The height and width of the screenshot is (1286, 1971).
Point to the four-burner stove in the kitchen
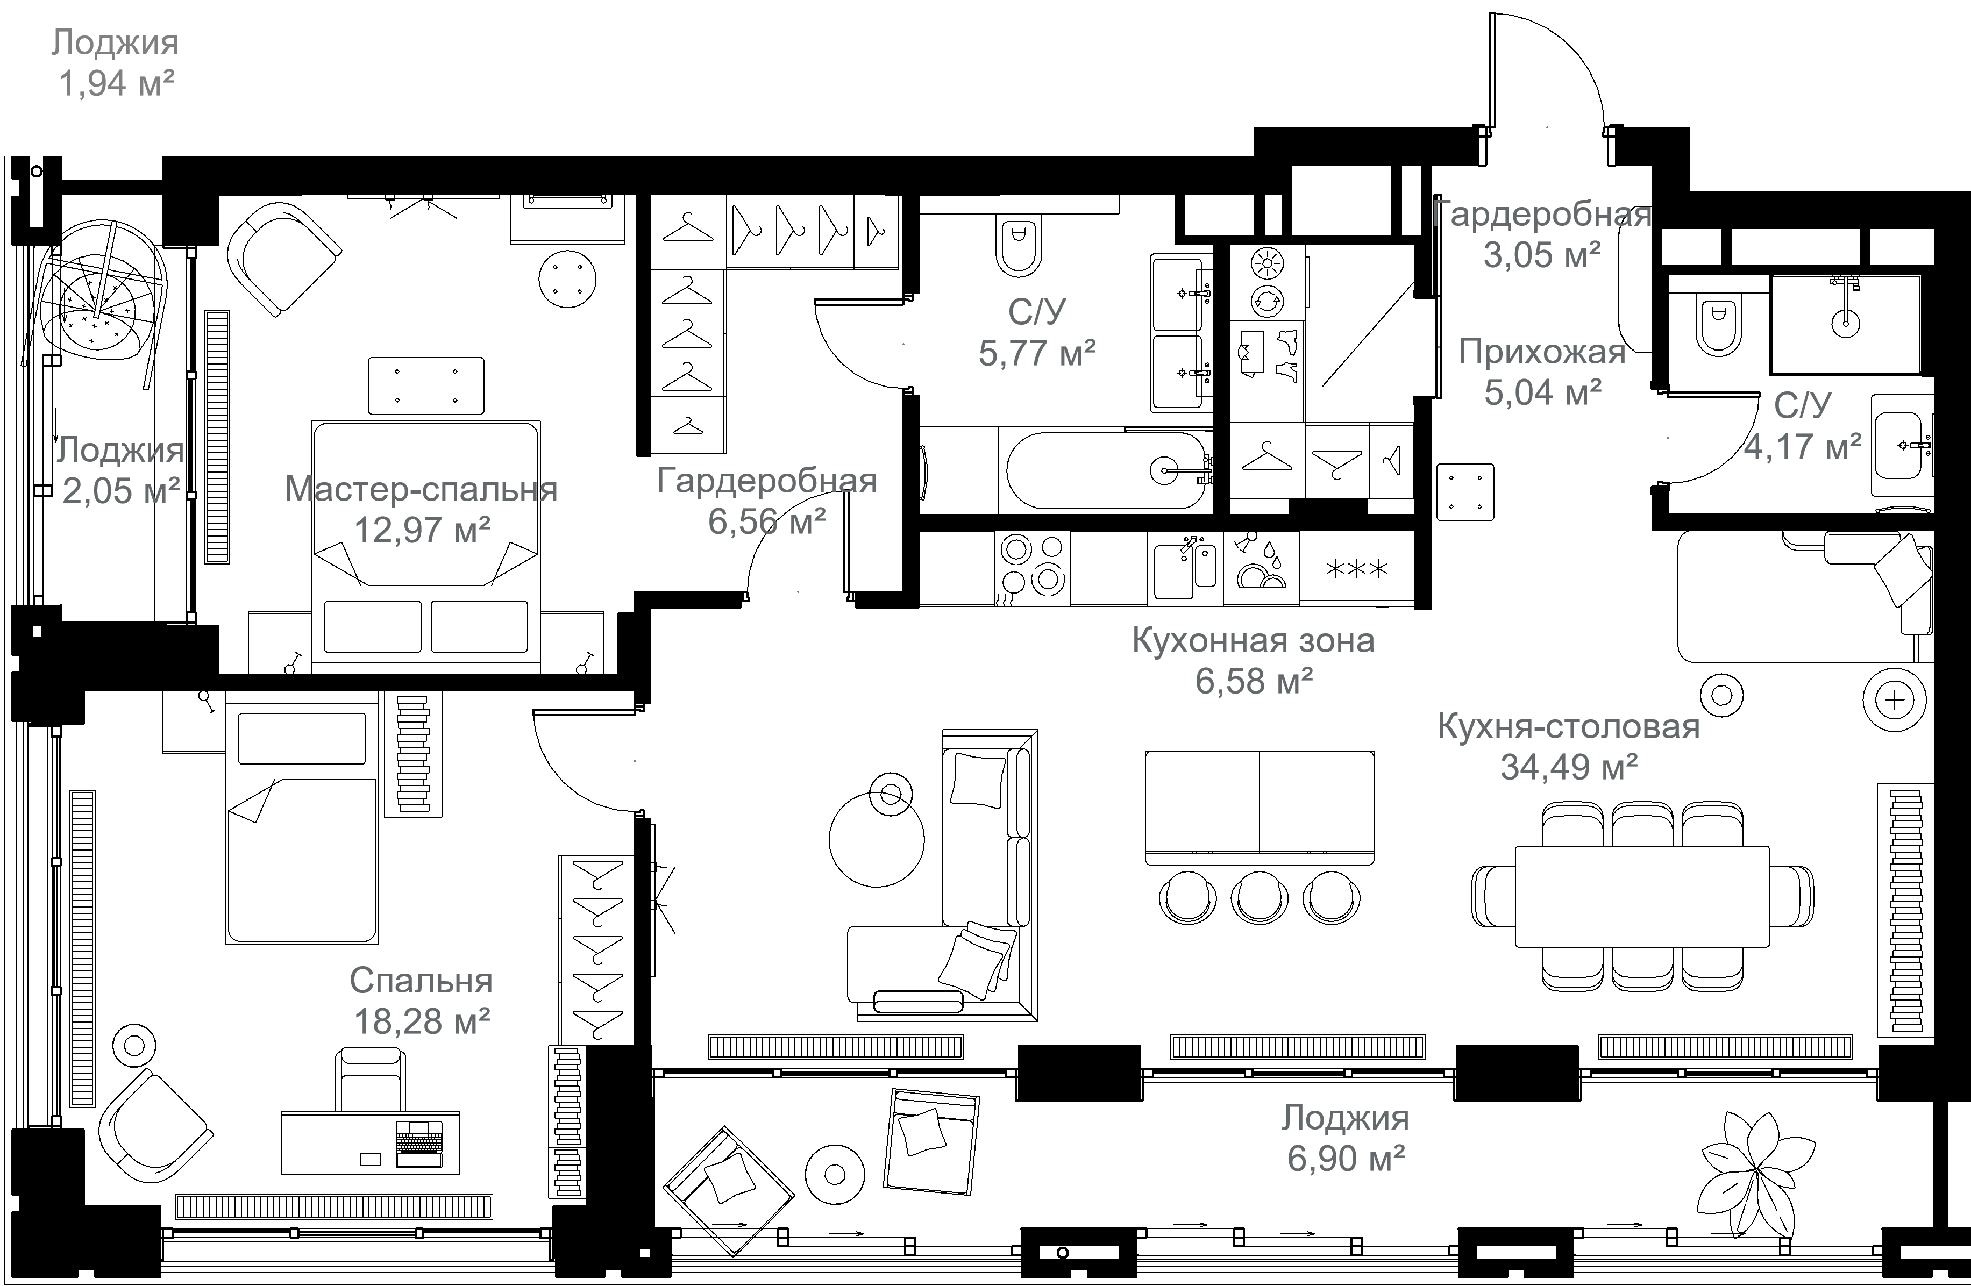coord(1032,567)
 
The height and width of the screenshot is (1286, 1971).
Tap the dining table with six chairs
coord(1641,896)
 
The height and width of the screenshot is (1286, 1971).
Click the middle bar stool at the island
coord(1259,898)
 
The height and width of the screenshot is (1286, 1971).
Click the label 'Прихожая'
coord(1542,352)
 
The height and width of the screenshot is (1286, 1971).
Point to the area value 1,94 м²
coord(116,83)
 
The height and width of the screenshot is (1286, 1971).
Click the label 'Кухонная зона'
coord(1253,640)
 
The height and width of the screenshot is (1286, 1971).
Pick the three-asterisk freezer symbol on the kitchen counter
coord(1356,569)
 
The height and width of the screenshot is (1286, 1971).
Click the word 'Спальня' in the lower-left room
coord(421,981)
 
